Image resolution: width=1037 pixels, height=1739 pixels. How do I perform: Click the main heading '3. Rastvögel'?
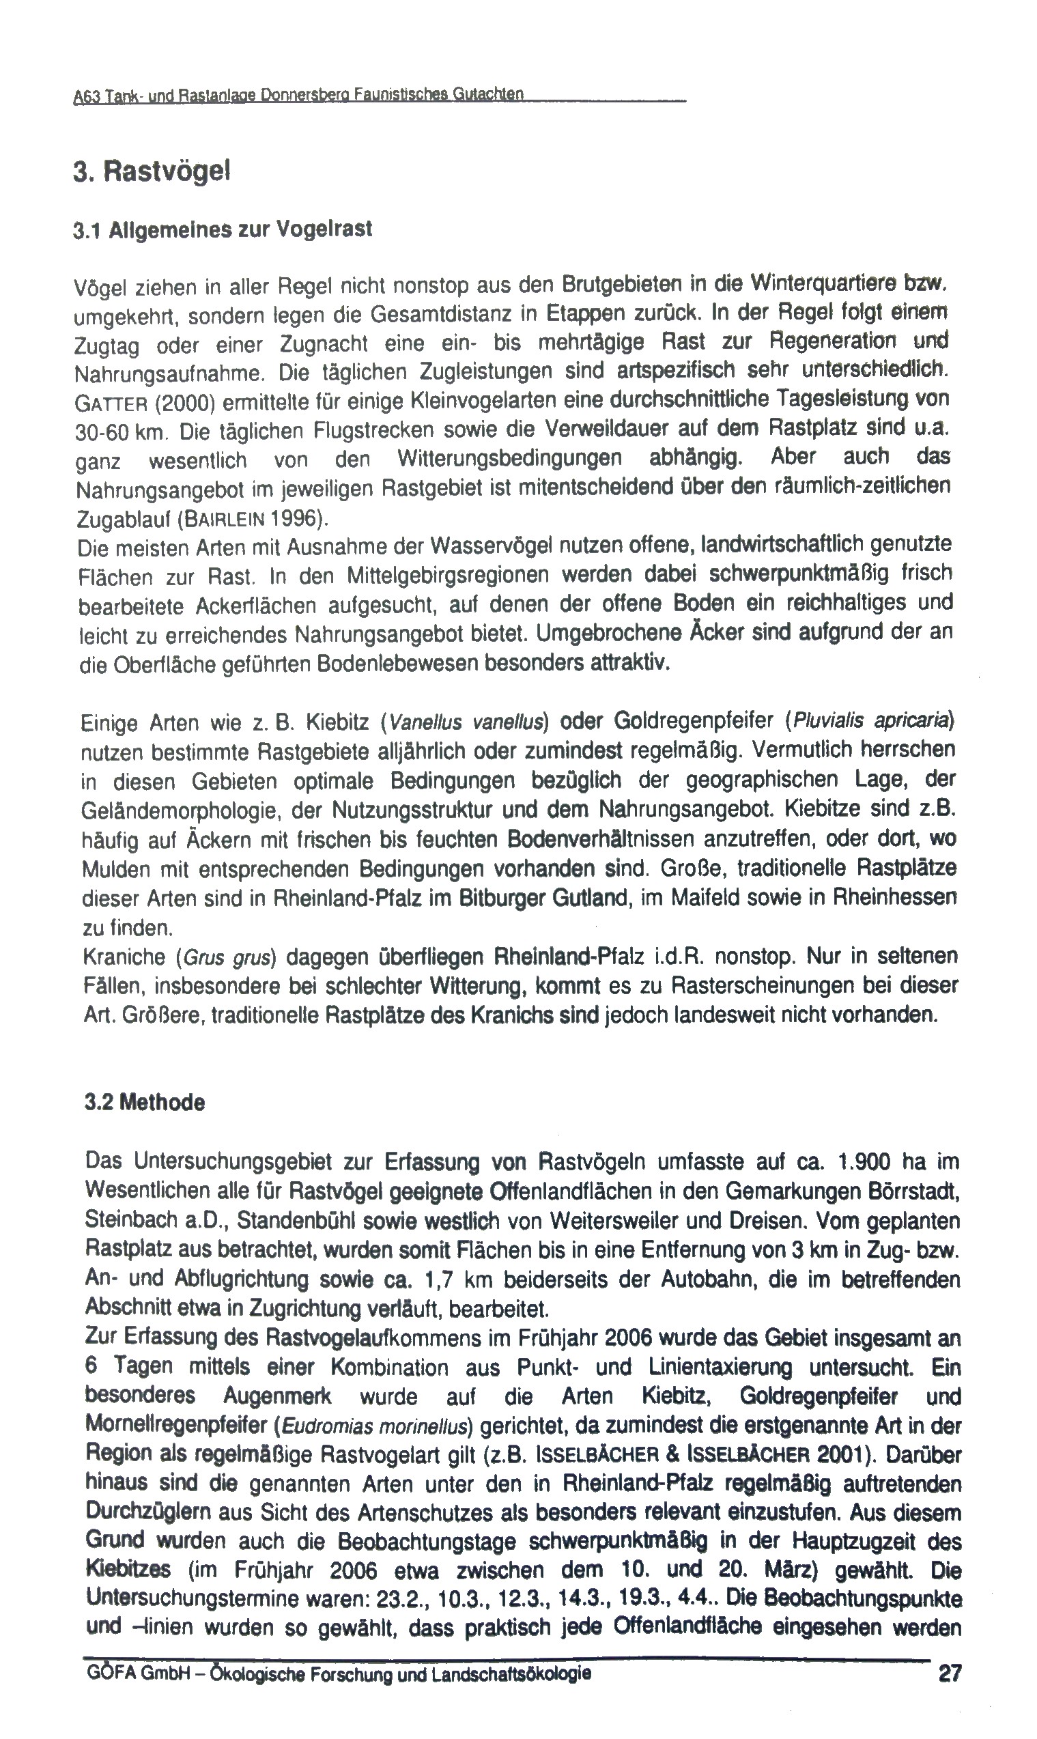click(152, 172)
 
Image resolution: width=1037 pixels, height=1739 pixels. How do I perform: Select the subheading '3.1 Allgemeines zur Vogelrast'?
click(223, 229)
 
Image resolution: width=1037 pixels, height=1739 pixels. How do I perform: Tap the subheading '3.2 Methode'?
click(145, 1103)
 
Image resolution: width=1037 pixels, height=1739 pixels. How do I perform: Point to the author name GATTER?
click(111, 403)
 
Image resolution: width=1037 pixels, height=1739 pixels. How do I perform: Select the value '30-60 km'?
click(119, 432)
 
